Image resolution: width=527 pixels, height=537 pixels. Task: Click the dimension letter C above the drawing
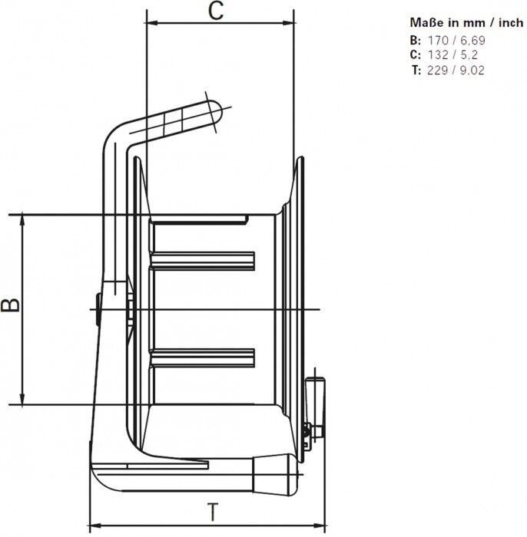pyautogui.click(x=216, y=11)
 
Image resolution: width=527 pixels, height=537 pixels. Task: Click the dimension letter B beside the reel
pyautogui.click(x=10, y=305)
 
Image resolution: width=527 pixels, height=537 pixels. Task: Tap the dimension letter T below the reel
pyautogui.click(x=214, y=512)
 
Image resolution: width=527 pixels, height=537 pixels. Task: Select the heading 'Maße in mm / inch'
pyautogui.click(x=466, y=23)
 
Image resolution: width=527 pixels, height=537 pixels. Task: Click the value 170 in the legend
pyautogui.click(x=438, y=41)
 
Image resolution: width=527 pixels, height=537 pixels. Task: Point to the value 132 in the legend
pyautogui.click(x=438, y=54)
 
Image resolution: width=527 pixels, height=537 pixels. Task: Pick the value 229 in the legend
pyautogui.click(x=438, y=71)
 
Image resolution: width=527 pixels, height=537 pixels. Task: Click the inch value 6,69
pyautogui.click(x=472, y=41)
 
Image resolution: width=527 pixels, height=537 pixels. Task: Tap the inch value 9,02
pyautogui.click(x=472, y=71)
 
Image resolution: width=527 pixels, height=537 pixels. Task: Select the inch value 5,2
pyautogui.click(x=469, y=54)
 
